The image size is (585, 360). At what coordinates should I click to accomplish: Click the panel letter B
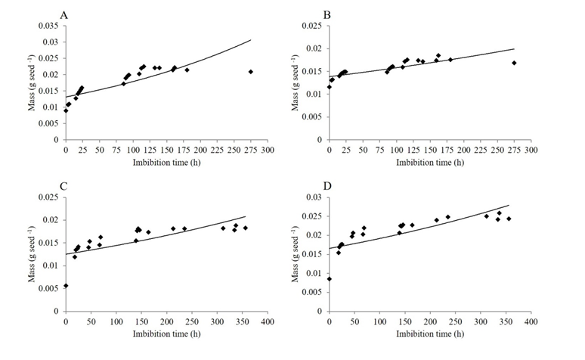(x=327, y=14)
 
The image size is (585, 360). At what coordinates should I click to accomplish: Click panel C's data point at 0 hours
(x=66, y=286)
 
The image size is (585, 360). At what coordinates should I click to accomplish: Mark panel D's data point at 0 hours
(x=329, y=278)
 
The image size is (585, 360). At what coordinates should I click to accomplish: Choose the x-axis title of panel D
(x=429, y=334)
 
